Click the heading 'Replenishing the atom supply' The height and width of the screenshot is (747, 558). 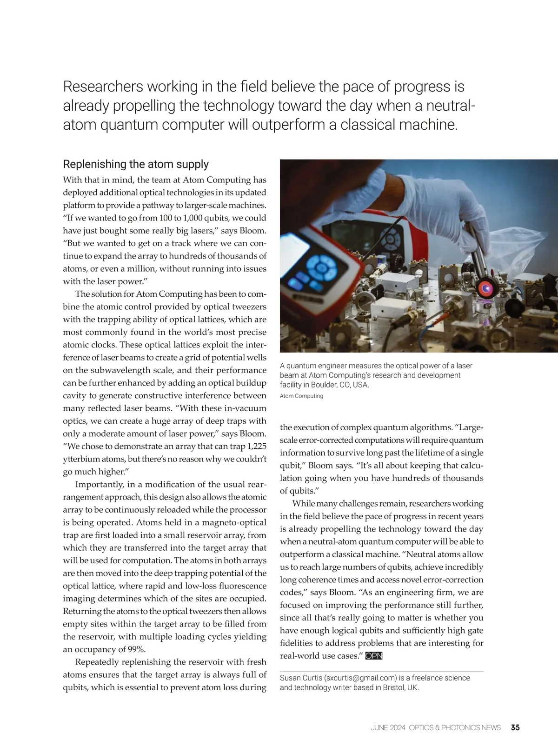[136, 164]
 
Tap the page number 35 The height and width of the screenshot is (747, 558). [515, 727]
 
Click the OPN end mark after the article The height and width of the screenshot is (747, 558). [374, 656]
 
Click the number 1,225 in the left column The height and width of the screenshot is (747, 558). [257, 447]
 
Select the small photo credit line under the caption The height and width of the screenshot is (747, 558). [301, 396]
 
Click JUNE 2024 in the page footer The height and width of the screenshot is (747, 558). [388, 727]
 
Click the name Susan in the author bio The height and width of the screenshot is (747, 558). [290, 678]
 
